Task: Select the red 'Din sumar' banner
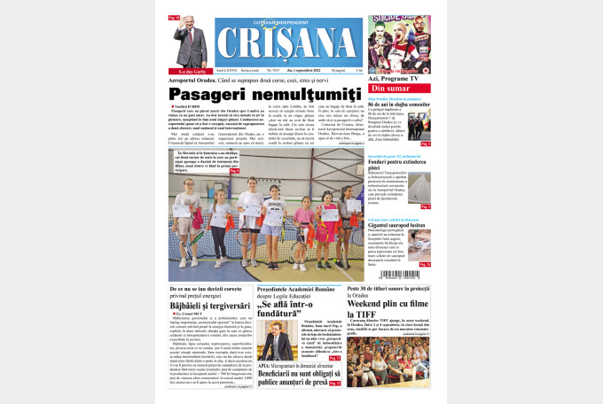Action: (x=399, y=89)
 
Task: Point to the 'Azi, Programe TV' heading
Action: (x=398, y=78)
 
